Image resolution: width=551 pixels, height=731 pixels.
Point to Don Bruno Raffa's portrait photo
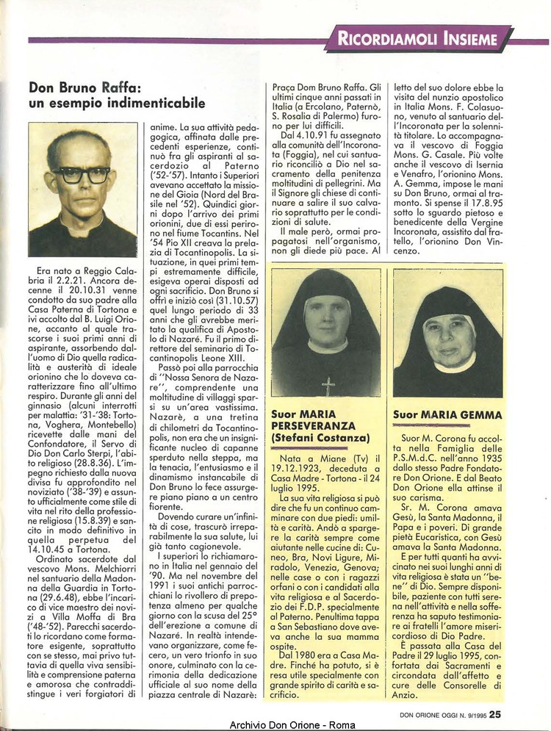pyautogui.click(x=82, y=190)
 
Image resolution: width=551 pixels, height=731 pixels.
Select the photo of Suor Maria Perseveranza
pyautogui.click(x=325, y=333)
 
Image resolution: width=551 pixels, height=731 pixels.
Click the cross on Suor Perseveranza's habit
pyautogui.click(x=328, y=386)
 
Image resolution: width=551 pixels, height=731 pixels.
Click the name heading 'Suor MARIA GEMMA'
pyautogui.click(x=447, y=414)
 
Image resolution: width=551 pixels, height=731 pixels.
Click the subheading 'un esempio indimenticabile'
pyautogui.click(x=117, y=104)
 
